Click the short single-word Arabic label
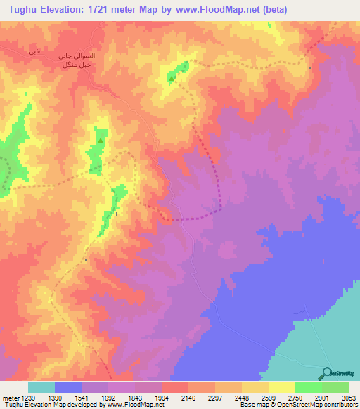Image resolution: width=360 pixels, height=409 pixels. [x=33, y=52]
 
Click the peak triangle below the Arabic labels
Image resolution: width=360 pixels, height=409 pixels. [x=100, y=141]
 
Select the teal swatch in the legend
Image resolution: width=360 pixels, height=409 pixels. [x=41, y=387]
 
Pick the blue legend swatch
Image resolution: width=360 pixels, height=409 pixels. [x=68, y=387]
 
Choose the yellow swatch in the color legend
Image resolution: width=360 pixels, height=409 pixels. [x=281, y=387]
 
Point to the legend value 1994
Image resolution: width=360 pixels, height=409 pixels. [x=161, y=397]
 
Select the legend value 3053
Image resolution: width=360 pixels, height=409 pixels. [x=349, y=397]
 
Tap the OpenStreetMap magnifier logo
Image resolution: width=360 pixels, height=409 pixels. [x=326, y=374]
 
